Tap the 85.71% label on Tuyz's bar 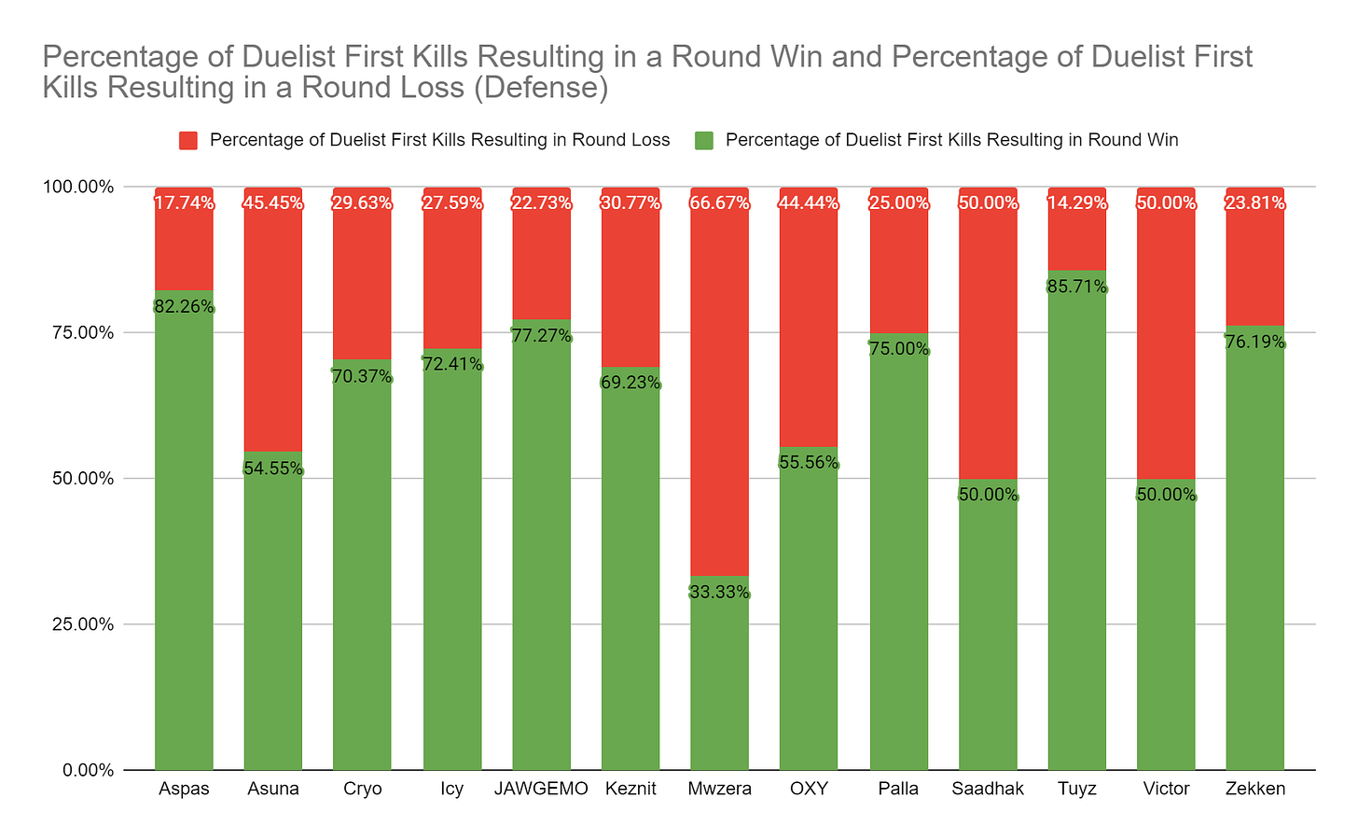1076,287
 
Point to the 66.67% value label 719,203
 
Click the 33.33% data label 719,592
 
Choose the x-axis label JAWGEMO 541,789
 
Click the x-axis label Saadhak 988,789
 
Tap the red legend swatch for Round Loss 188,140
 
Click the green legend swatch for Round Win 704,140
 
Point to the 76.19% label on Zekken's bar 1254,342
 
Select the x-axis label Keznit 630,789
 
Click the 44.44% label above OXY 809,203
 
